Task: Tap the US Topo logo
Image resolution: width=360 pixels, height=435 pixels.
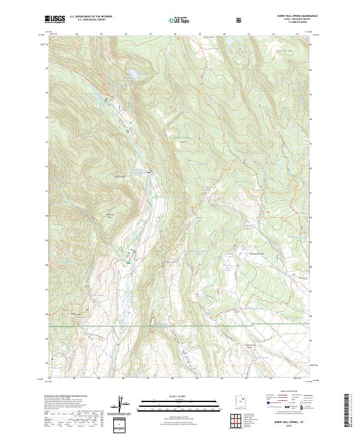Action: pos(180,20)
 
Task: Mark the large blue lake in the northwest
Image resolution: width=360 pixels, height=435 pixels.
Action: pos(128,75)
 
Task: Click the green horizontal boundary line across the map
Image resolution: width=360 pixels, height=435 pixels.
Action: pos(240,326)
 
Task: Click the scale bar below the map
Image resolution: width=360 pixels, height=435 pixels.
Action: pos(179,405)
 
